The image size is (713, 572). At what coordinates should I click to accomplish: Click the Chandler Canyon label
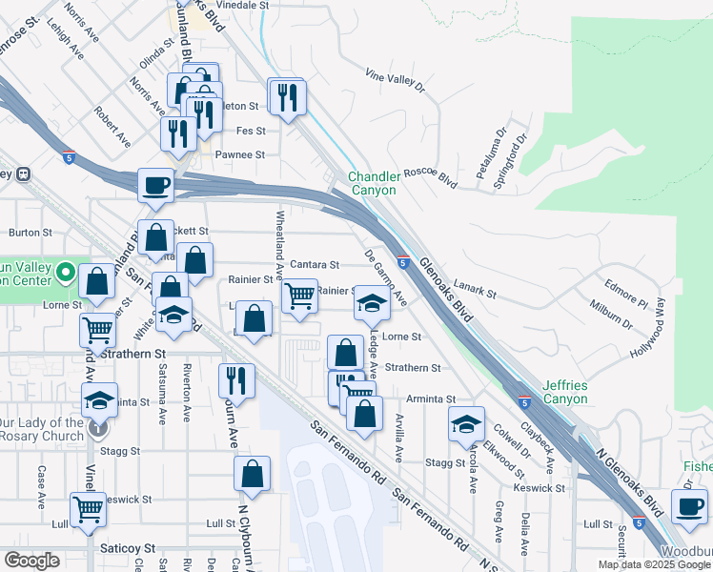(x=372, y=183)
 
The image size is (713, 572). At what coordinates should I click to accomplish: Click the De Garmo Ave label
(x=386, y=277)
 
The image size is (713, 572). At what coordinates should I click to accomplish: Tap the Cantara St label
(x=315, y=264)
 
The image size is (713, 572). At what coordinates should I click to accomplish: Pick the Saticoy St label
(x=128, y=548)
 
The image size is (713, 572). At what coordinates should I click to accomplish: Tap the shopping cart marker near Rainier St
(x=300, y=295)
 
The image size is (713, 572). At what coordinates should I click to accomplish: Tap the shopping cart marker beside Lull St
(x=88, y=508)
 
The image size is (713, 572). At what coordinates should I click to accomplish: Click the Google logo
(x=31, y=561)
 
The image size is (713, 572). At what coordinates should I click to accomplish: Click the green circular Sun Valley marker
(x=65, y=275)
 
